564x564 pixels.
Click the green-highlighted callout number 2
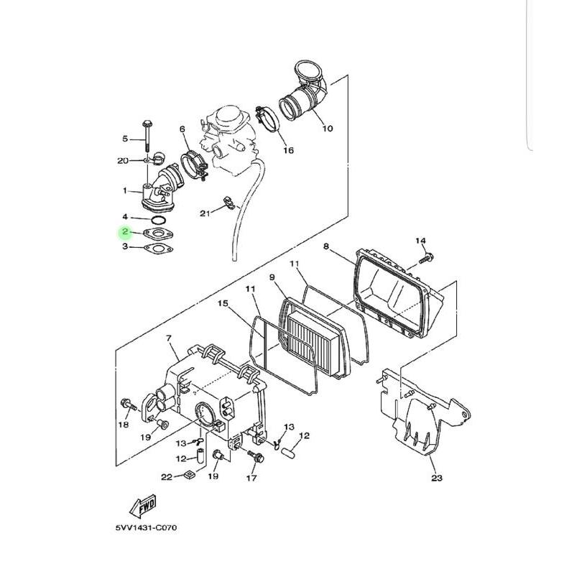point(125,232)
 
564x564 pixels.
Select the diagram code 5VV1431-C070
point(146,528)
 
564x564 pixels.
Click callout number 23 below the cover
point(437,478)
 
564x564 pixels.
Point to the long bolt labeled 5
point(147,132)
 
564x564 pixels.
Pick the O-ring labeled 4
point(160,218)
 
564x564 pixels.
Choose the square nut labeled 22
point(188,474)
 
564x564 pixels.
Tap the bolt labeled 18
point(128,407)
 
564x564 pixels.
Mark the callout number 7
point(168,338)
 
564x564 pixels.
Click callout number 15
point(223,305)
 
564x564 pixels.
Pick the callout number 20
point(122,160)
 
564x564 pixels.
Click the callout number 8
point(325,247)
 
